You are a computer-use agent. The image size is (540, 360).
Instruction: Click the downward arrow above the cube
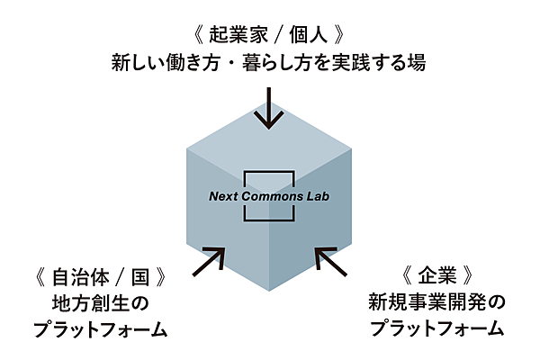pos(268,105)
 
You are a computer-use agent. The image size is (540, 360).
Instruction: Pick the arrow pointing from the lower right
pos(329,260)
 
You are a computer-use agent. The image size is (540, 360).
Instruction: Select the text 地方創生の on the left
pos(100,301)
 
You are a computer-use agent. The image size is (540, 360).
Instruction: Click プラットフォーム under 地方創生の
pos(100,329)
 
